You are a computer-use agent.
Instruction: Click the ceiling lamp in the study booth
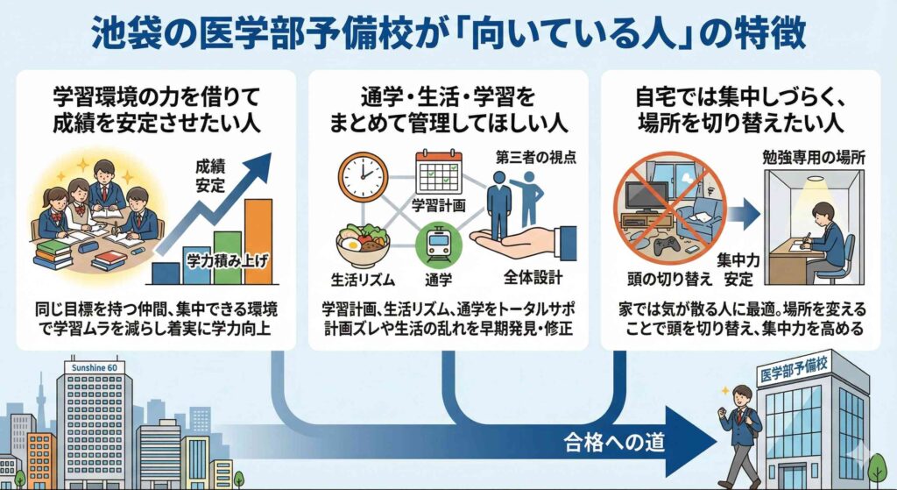(x=815, y=182)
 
